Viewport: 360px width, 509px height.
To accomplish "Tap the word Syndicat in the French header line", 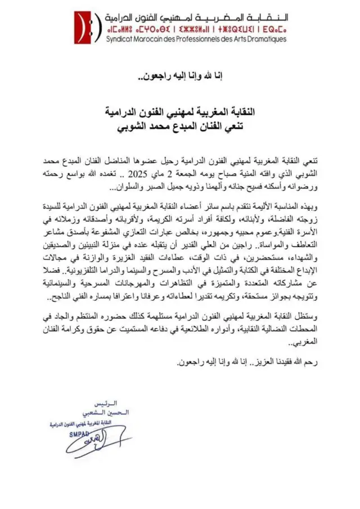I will (x=121, y=39).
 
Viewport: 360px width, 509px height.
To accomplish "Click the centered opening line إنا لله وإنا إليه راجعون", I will (x=180, y=76).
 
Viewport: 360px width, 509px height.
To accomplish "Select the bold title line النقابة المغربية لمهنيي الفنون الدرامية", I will (x=180, y=112).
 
